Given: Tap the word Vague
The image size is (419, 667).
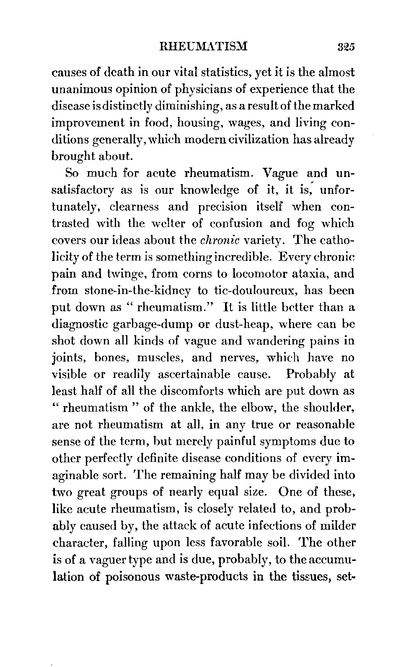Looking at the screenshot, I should (x=284, y=173).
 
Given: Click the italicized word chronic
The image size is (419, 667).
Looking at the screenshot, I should (x=214, y=240).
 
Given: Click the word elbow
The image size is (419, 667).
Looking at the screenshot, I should (x=259, y=408).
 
